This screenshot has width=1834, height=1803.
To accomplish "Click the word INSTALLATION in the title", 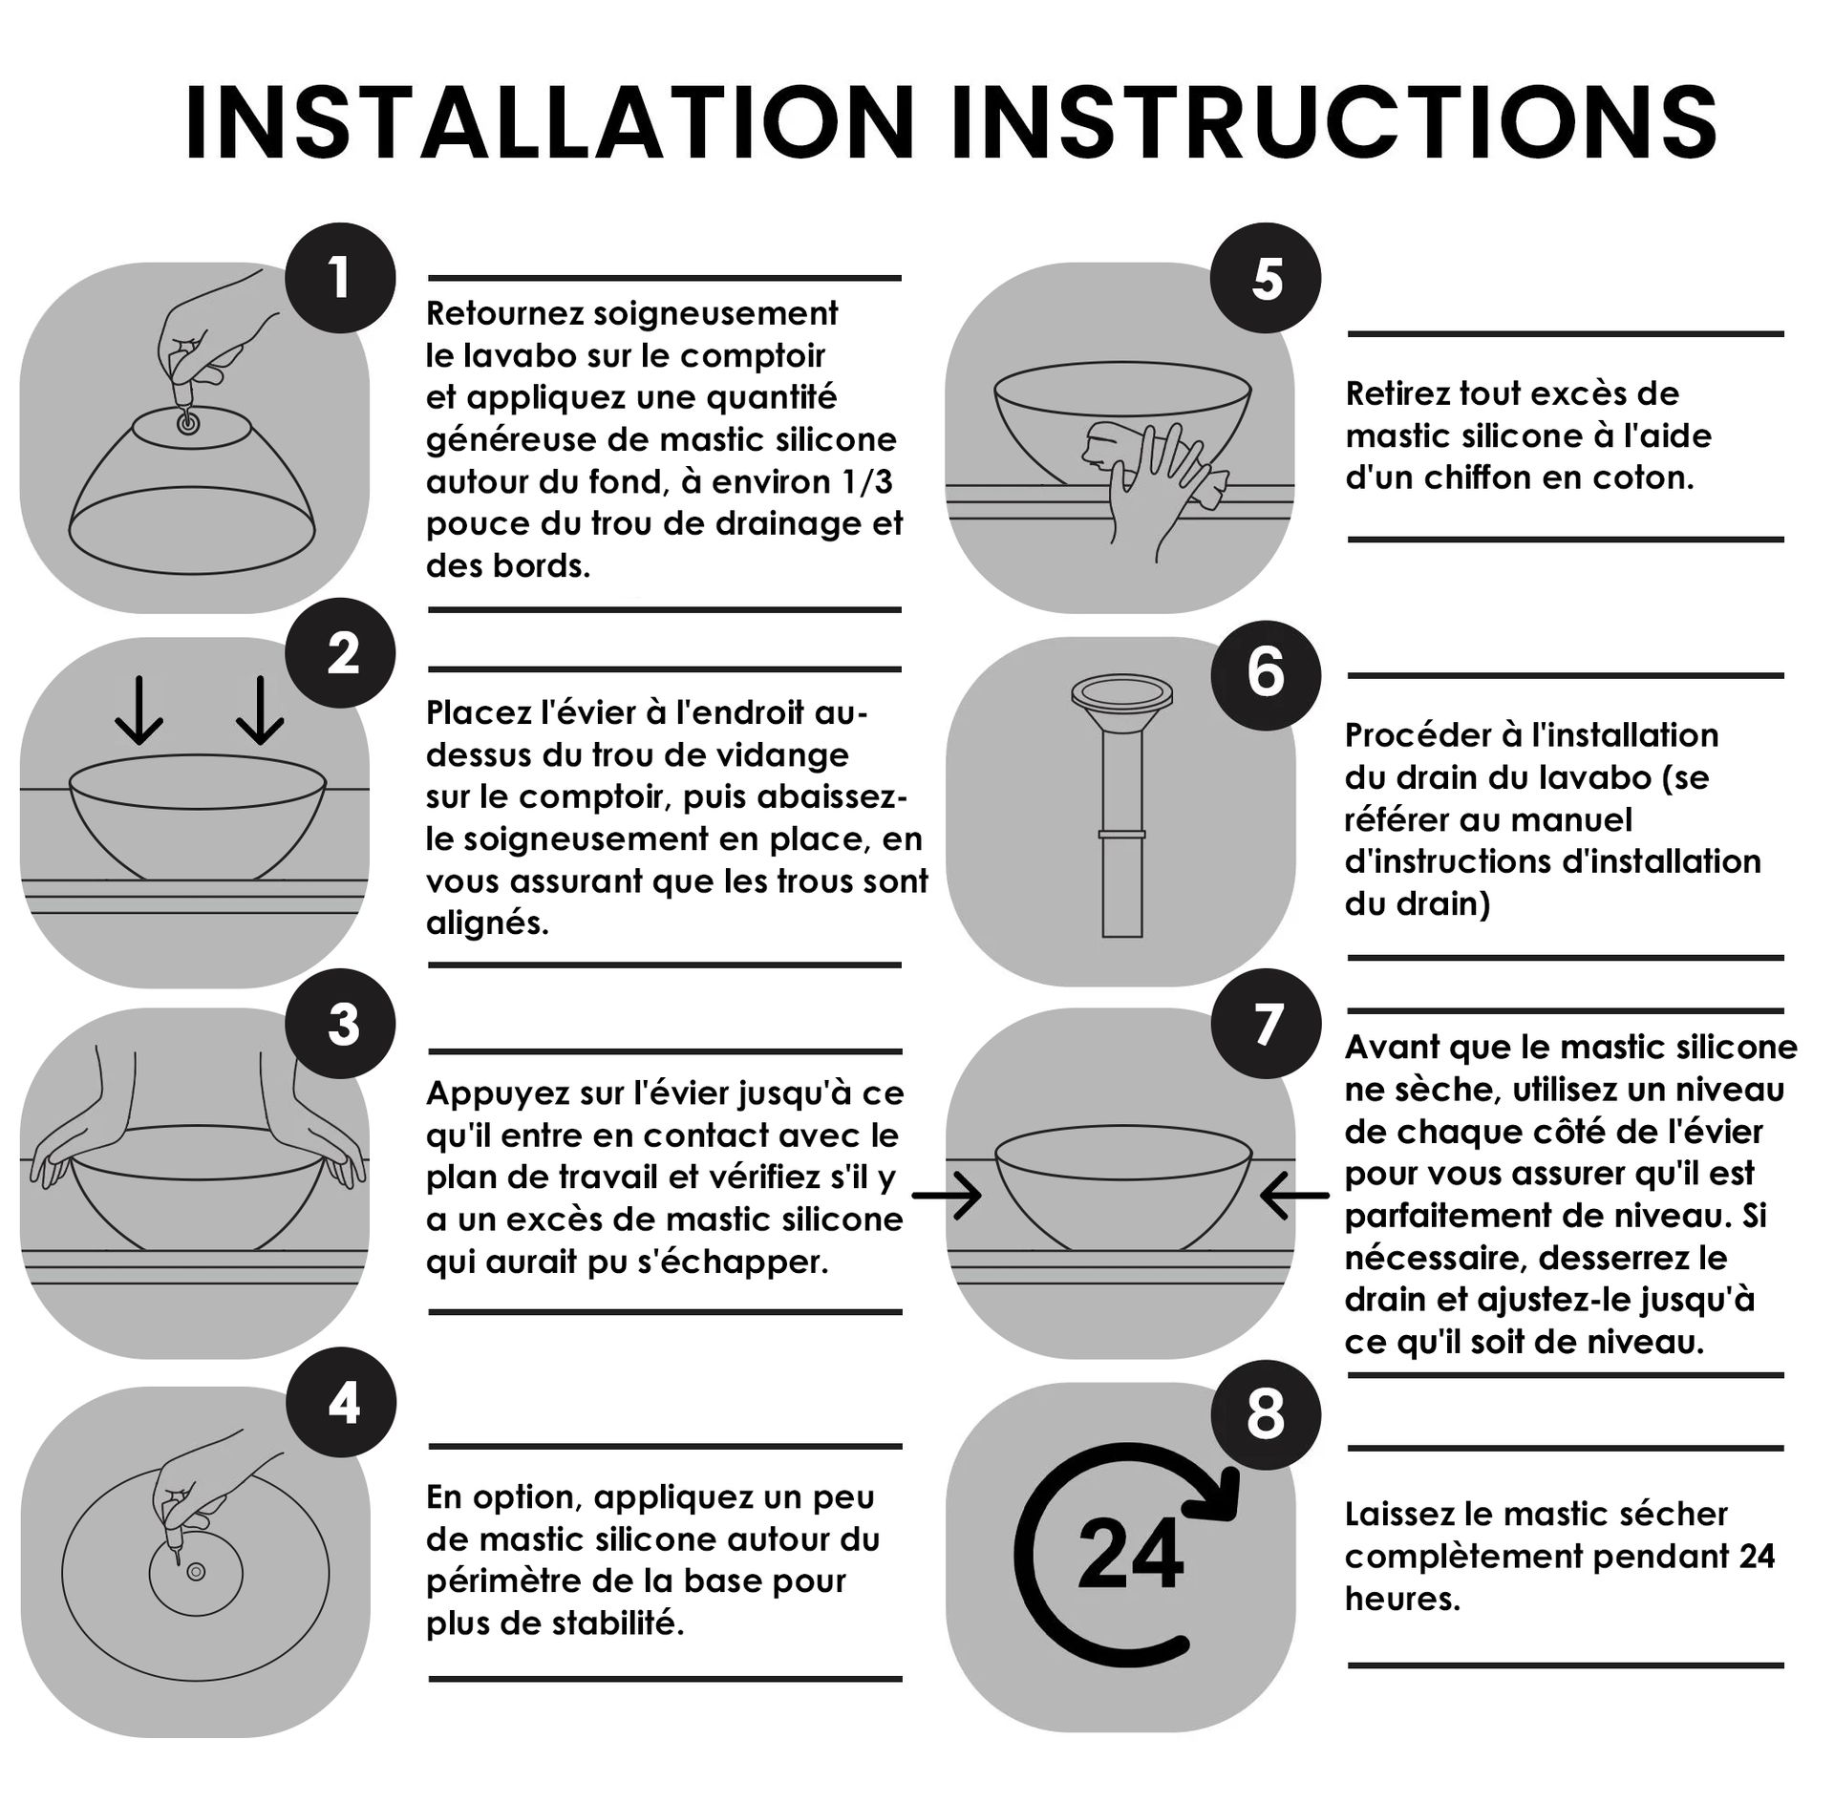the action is (550, 123).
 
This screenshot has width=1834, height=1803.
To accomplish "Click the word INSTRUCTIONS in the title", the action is (1335, 123).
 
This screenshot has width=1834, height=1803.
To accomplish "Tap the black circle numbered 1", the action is (340, 278).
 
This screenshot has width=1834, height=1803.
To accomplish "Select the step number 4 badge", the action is (340, 1402).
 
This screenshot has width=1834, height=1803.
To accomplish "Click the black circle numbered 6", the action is (1266, 675).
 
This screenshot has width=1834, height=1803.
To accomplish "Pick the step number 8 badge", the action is (1266, 1414).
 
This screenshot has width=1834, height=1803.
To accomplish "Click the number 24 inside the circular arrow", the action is (1130, 1555).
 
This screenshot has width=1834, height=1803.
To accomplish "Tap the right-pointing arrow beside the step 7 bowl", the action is (947, 1195).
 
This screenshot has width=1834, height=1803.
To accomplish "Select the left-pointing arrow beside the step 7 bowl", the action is (1294, 1195).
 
